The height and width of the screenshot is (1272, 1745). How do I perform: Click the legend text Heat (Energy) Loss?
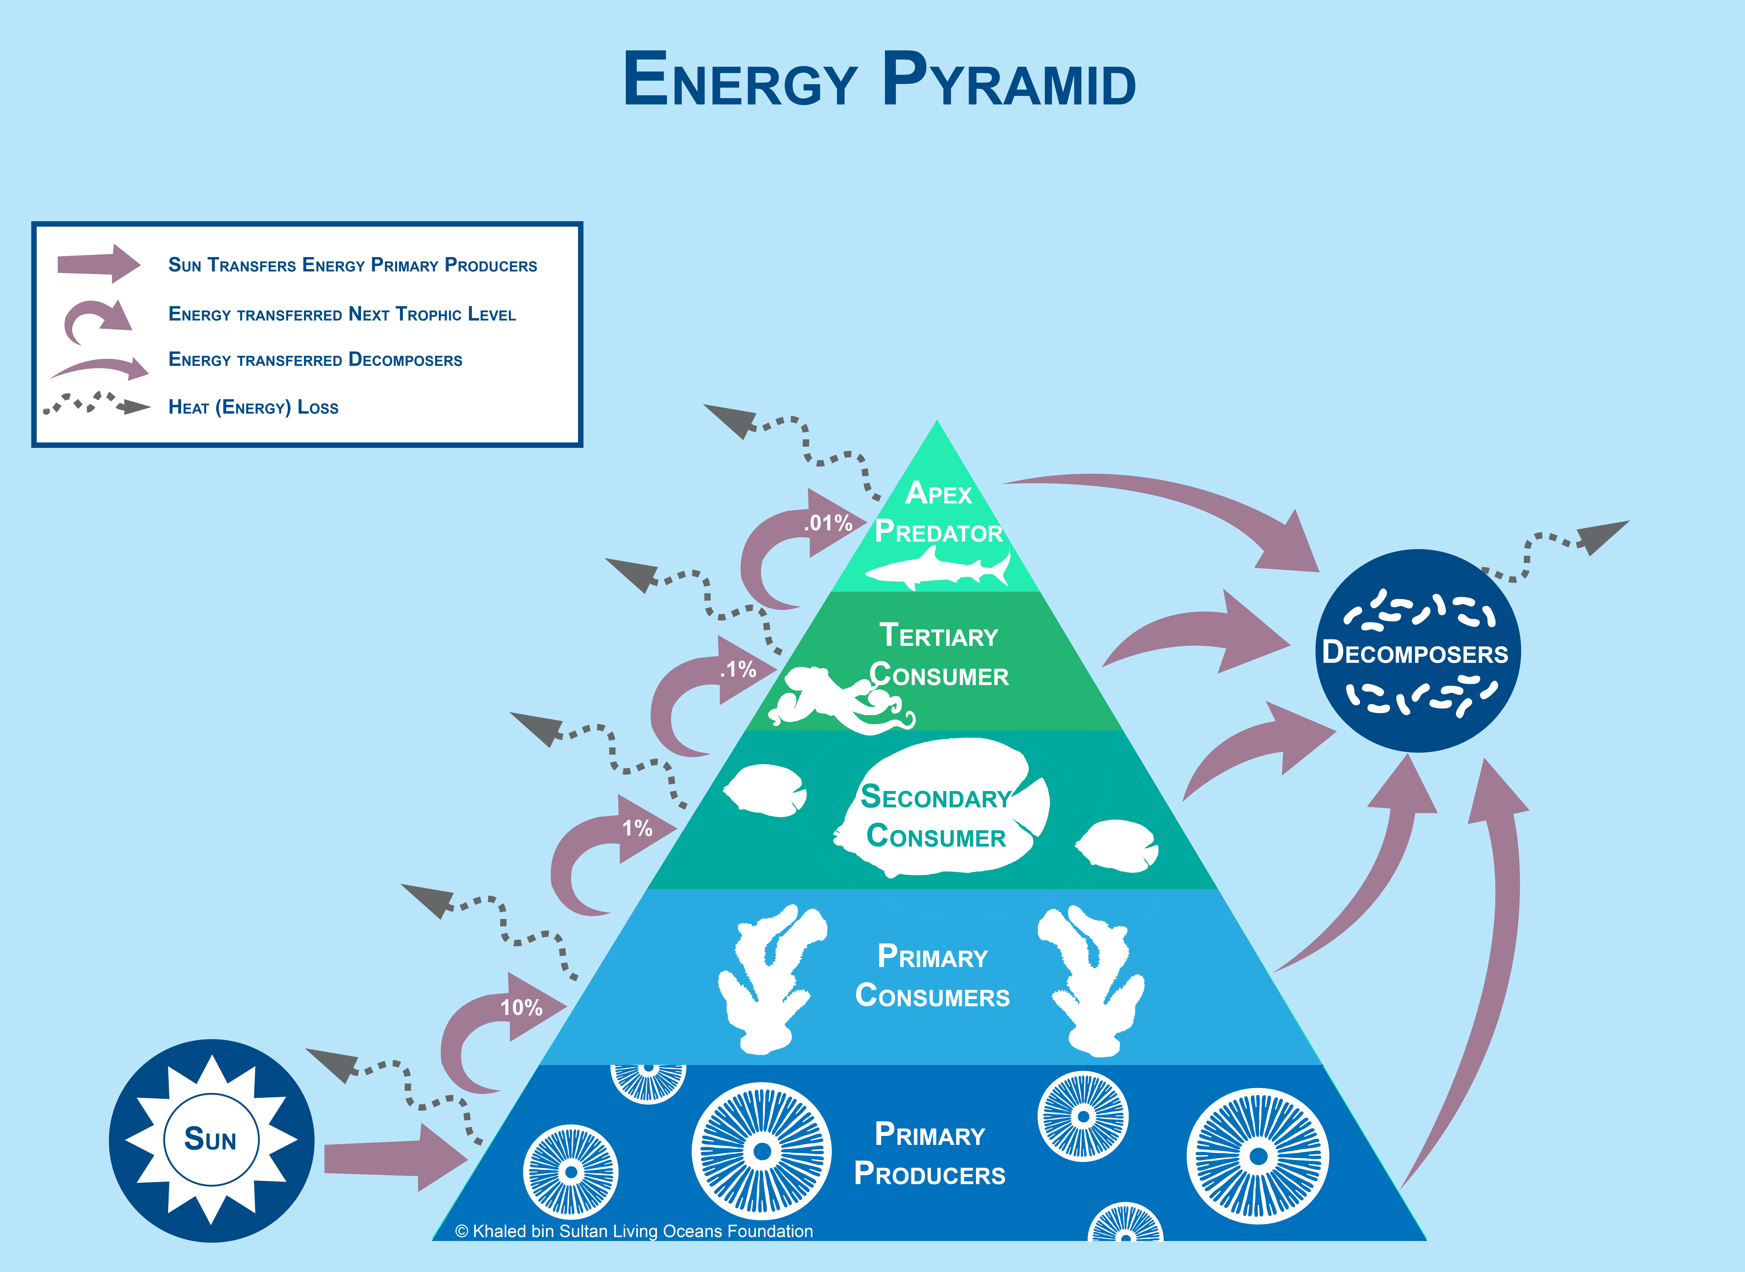(253, 407)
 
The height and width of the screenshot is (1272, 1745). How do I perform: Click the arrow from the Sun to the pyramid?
(396, 1157)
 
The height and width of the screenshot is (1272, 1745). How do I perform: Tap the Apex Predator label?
(939, 512)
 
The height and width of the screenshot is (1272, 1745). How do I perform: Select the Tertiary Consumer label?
(939, 655)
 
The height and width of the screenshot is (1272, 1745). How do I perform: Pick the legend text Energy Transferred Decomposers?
(316, 360)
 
